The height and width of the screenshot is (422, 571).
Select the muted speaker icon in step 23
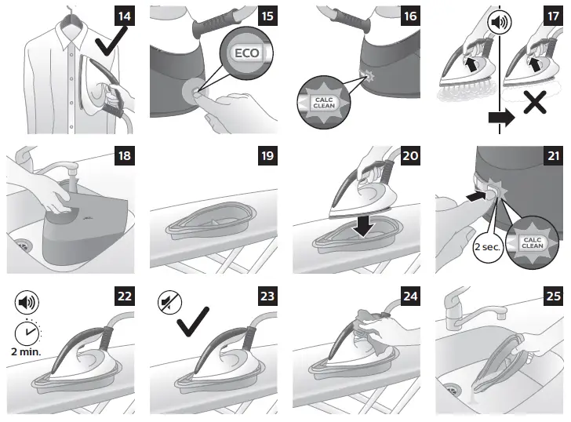point(169,302)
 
